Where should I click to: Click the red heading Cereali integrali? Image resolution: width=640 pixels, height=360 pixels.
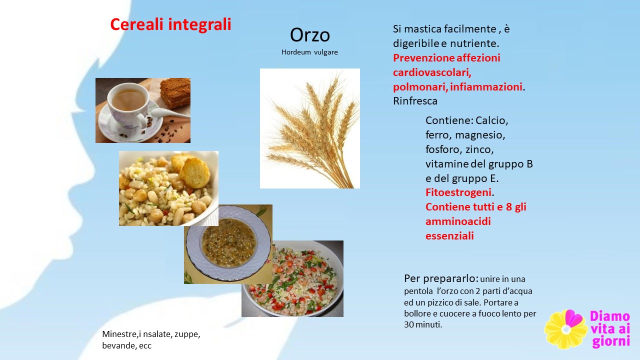click(170, 24)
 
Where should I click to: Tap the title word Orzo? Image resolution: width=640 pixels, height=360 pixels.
click(309, 35)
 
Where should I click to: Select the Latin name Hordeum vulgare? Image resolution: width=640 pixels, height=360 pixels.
click(309, 52)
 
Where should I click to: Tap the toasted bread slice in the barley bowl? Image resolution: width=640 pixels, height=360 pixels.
click(194, 173)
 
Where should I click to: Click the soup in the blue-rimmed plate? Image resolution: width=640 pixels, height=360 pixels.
click(229, 242)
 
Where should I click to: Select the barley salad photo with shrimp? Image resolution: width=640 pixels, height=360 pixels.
click(292, 278)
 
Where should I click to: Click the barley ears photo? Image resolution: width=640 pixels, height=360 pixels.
click(309, 128)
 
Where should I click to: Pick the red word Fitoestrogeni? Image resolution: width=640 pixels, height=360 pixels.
click(458, 192)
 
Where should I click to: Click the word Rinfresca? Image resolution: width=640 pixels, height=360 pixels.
click(415, 101)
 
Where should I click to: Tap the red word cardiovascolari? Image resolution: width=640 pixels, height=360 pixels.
click(432, 72)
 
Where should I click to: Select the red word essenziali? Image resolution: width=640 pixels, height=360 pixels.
click(449, 235)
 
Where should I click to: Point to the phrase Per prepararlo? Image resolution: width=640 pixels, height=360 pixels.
click(441, 278)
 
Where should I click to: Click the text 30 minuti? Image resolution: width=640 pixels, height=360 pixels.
click(423, 324)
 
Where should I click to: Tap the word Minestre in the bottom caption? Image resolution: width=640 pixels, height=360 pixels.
click(119, 334)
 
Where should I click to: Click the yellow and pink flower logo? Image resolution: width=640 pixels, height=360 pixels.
click(565, 329)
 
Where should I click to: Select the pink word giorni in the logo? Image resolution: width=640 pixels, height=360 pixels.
click(611, 341)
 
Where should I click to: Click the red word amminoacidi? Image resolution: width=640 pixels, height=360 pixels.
click(458, 221)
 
